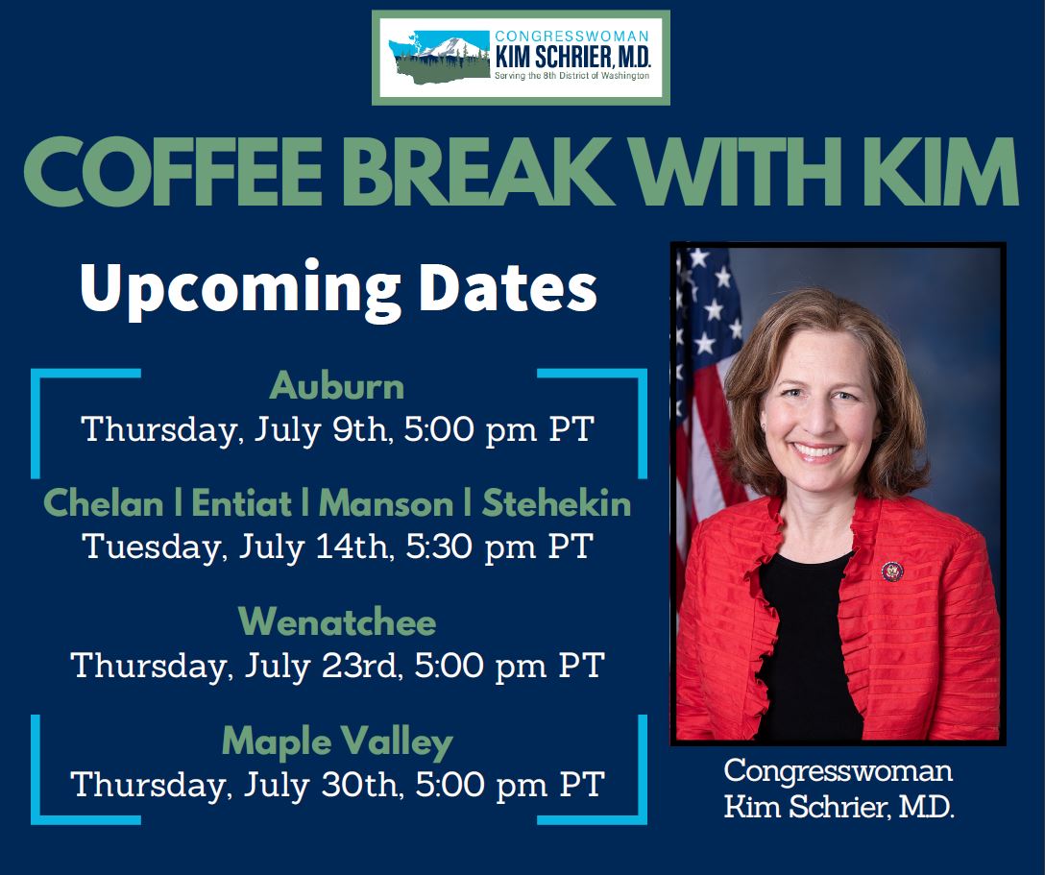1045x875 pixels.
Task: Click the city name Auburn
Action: [x=337, y=386]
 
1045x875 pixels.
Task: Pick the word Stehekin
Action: [x=557, y=502]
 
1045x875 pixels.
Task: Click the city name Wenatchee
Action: [x=337, y=622]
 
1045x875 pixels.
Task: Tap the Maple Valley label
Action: [x=337, y=741]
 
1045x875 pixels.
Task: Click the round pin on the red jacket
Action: [x=892, y=572]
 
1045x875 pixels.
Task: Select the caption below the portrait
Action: [x=838, y=788]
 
